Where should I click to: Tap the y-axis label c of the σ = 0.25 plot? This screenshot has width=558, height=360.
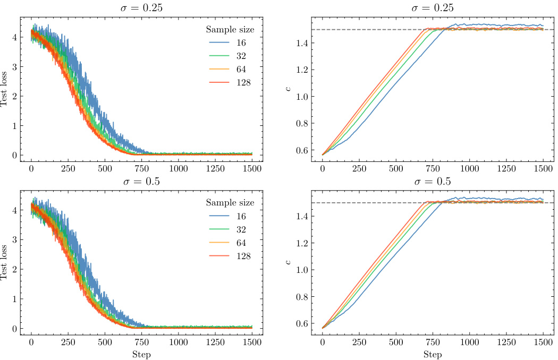point(288,89)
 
